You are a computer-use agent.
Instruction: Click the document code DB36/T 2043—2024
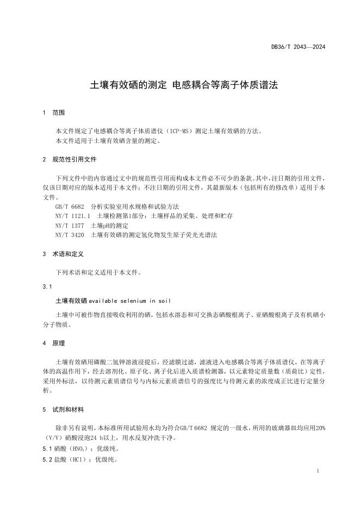pos(299,47)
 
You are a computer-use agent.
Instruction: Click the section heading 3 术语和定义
pos(63,254)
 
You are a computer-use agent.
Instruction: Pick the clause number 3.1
pos(47,285)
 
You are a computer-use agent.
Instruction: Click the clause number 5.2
pos(47,460)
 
